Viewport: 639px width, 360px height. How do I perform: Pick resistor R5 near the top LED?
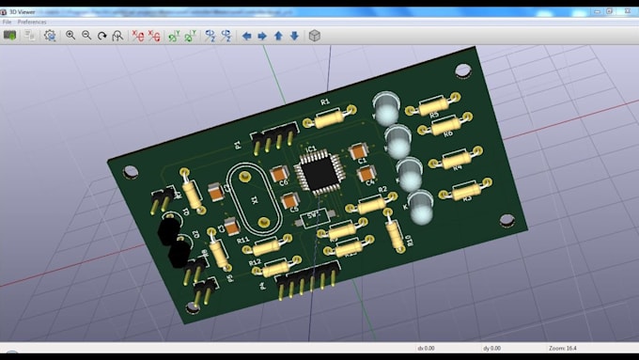click(x=433, y=103)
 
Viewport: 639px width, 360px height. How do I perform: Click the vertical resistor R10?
click(x=396, y=228)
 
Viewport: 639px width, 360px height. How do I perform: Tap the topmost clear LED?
click(x=385, y=109)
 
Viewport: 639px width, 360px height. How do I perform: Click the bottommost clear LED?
click(x=420, y=207)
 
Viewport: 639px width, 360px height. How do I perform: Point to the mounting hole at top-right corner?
click(x=463, y=70)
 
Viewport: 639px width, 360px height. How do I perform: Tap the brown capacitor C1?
click(x=357, y=151)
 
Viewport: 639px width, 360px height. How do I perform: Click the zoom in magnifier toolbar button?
click(x=70, y=36)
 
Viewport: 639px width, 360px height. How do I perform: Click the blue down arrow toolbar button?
click(x=294, y=36)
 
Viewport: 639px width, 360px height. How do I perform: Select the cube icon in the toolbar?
click(x=315, y=36)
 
